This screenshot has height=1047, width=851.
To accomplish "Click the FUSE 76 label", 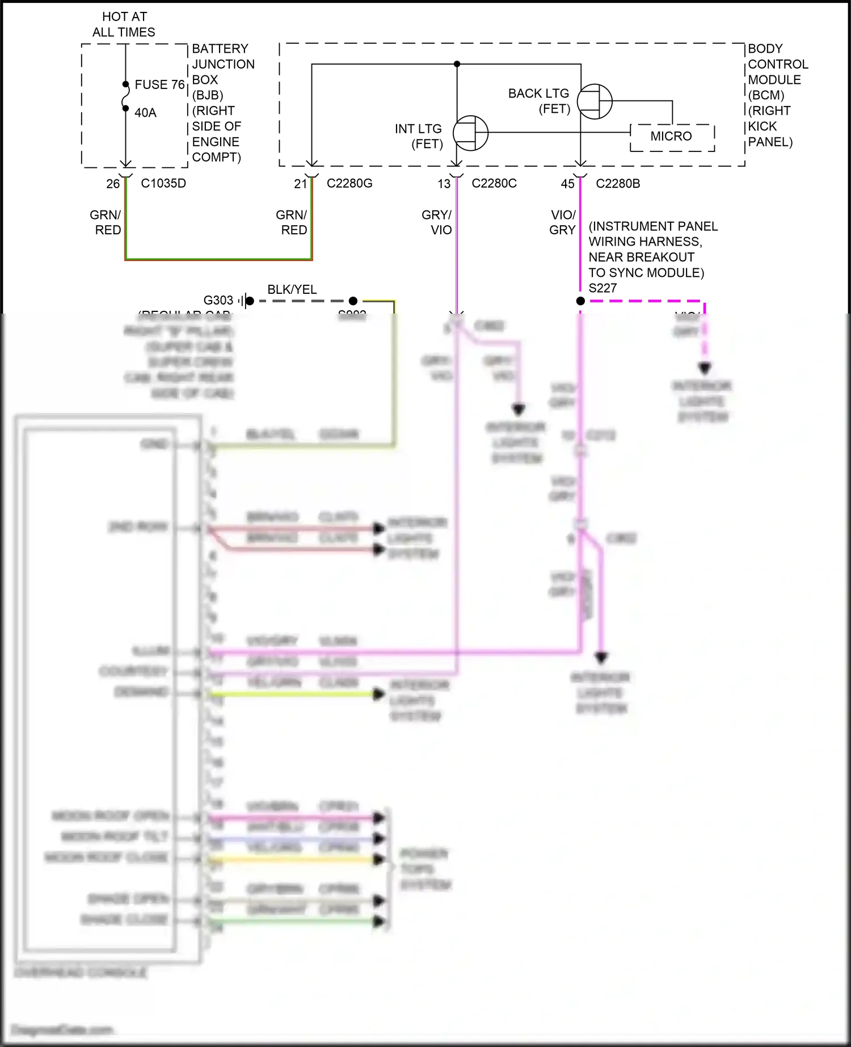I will [159, 85].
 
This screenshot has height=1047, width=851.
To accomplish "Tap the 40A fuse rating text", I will [145, 113].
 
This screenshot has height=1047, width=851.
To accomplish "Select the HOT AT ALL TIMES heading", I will [124, 24].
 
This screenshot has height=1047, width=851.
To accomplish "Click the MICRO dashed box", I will [672, 137].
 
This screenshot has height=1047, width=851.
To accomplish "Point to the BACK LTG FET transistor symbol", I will [595, 102].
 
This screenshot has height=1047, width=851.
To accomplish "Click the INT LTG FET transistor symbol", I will [470, 133].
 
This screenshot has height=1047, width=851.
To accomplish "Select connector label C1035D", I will [163, 183].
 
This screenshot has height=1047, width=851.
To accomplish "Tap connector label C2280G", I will [349, 183].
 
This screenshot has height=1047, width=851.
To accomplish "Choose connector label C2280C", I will [494, 183].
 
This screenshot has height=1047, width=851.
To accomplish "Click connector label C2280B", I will [618, 183].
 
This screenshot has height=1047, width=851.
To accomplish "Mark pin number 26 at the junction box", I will [113, 184].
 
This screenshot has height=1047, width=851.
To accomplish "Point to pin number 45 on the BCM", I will [567, 184].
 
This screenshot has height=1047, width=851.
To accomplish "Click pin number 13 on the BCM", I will [444, 184].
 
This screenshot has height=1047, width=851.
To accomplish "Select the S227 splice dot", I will [580, 301].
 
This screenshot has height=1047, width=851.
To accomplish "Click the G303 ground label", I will [218, 300].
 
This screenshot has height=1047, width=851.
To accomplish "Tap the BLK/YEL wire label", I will [292, 289].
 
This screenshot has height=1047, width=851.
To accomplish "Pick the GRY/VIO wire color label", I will [437, 222].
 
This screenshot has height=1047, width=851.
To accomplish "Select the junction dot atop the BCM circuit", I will [457, 64].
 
